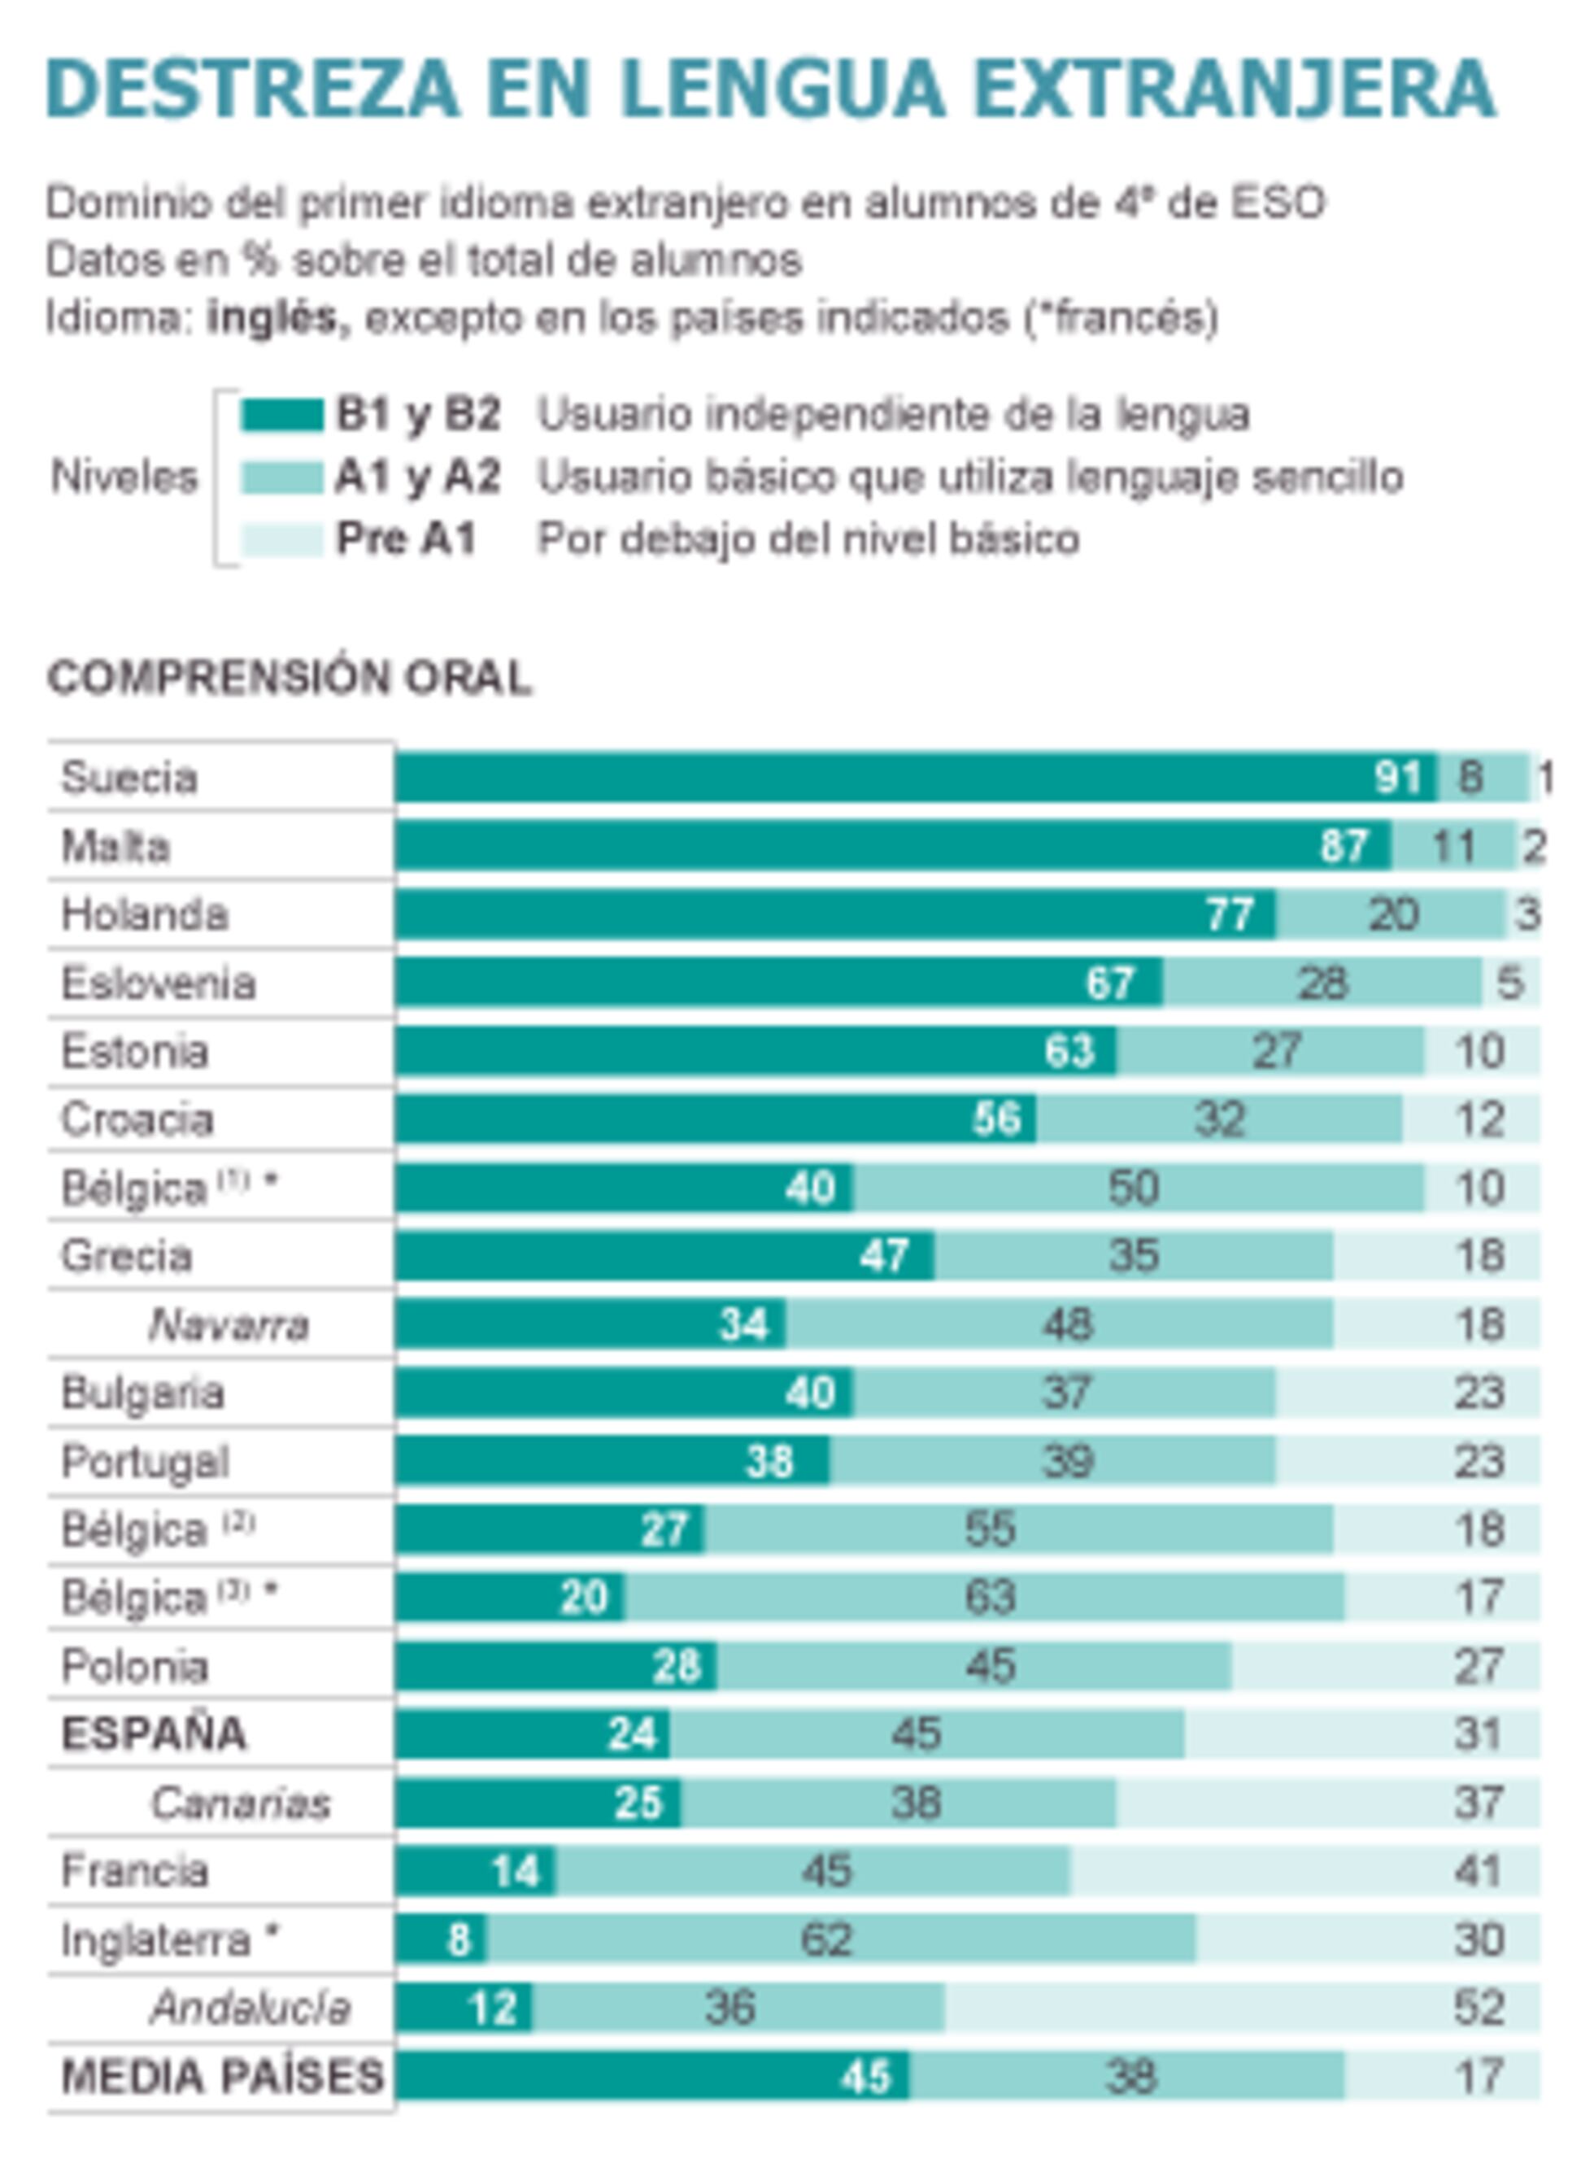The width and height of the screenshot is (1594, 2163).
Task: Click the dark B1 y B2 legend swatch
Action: (281, 415)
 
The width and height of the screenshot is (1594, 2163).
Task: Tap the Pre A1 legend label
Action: (405, 539)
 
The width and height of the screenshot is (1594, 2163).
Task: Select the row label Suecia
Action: (129, 777)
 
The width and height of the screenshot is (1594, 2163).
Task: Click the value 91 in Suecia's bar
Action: (1398, 777)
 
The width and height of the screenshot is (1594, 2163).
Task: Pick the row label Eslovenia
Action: (159, 983)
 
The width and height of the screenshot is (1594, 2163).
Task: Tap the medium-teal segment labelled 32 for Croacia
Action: (1220, 1119)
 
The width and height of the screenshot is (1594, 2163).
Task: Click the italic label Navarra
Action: (229, 1324)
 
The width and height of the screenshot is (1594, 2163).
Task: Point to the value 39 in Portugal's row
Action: (1067, 1461)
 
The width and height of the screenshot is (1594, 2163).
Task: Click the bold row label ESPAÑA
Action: (155, 1734)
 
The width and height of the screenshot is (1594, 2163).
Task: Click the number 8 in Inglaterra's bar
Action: (459, 1940)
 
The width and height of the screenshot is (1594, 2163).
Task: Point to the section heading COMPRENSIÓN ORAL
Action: (290, 678)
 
